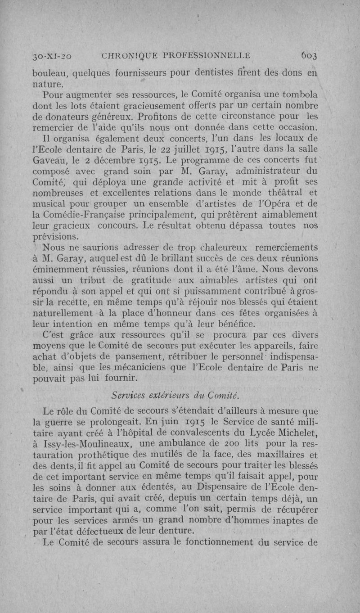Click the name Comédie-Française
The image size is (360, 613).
(80, 215)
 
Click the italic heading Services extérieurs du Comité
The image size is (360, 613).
(175, 396)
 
